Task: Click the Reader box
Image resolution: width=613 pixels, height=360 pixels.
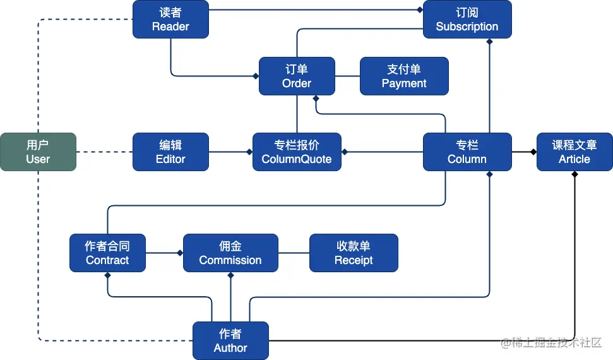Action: pos(170,19)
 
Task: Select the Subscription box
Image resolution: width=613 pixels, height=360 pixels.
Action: pos(467,19)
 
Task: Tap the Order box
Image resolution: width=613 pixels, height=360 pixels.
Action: pos(297,76)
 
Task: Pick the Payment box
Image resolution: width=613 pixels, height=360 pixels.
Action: pos(404,76)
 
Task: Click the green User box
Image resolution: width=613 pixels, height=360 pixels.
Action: pos(38,152)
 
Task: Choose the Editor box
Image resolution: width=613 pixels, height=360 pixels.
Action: pos(170,152)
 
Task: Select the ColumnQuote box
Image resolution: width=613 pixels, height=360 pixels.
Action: pos(297,152)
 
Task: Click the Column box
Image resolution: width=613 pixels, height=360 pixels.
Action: pos(467,152)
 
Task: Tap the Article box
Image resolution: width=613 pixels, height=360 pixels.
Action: pos(574,152)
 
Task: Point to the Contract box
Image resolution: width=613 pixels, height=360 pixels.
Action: pos(107,253)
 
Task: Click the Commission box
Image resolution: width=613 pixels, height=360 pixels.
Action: pos(230,253)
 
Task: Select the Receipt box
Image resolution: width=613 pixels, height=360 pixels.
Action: pos(354,253)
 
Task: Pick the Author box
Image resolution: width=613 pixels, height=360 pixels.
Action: pos(230,340)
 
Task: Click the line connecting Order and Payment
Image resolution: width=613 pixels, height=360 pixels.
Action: pos(347,76)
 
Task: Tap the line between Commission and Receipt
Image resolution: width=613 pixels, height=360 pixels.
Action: pos(294,253)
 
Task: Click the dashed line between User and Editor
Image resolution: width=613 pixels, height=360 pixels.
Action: pos(104,152)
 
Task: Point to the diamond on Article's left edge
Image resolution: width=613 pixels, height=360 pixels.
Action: pos(533,152)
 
